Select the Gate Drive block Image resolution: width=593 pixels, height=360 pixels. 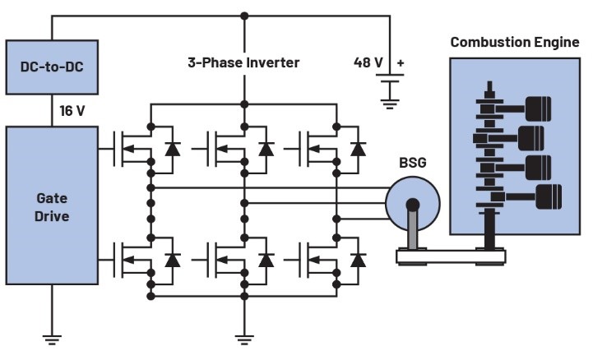53,205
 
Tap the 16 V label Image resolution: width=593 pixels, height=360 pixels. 72,110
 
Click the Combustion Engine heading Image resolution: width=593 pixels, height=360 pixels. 514,43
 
